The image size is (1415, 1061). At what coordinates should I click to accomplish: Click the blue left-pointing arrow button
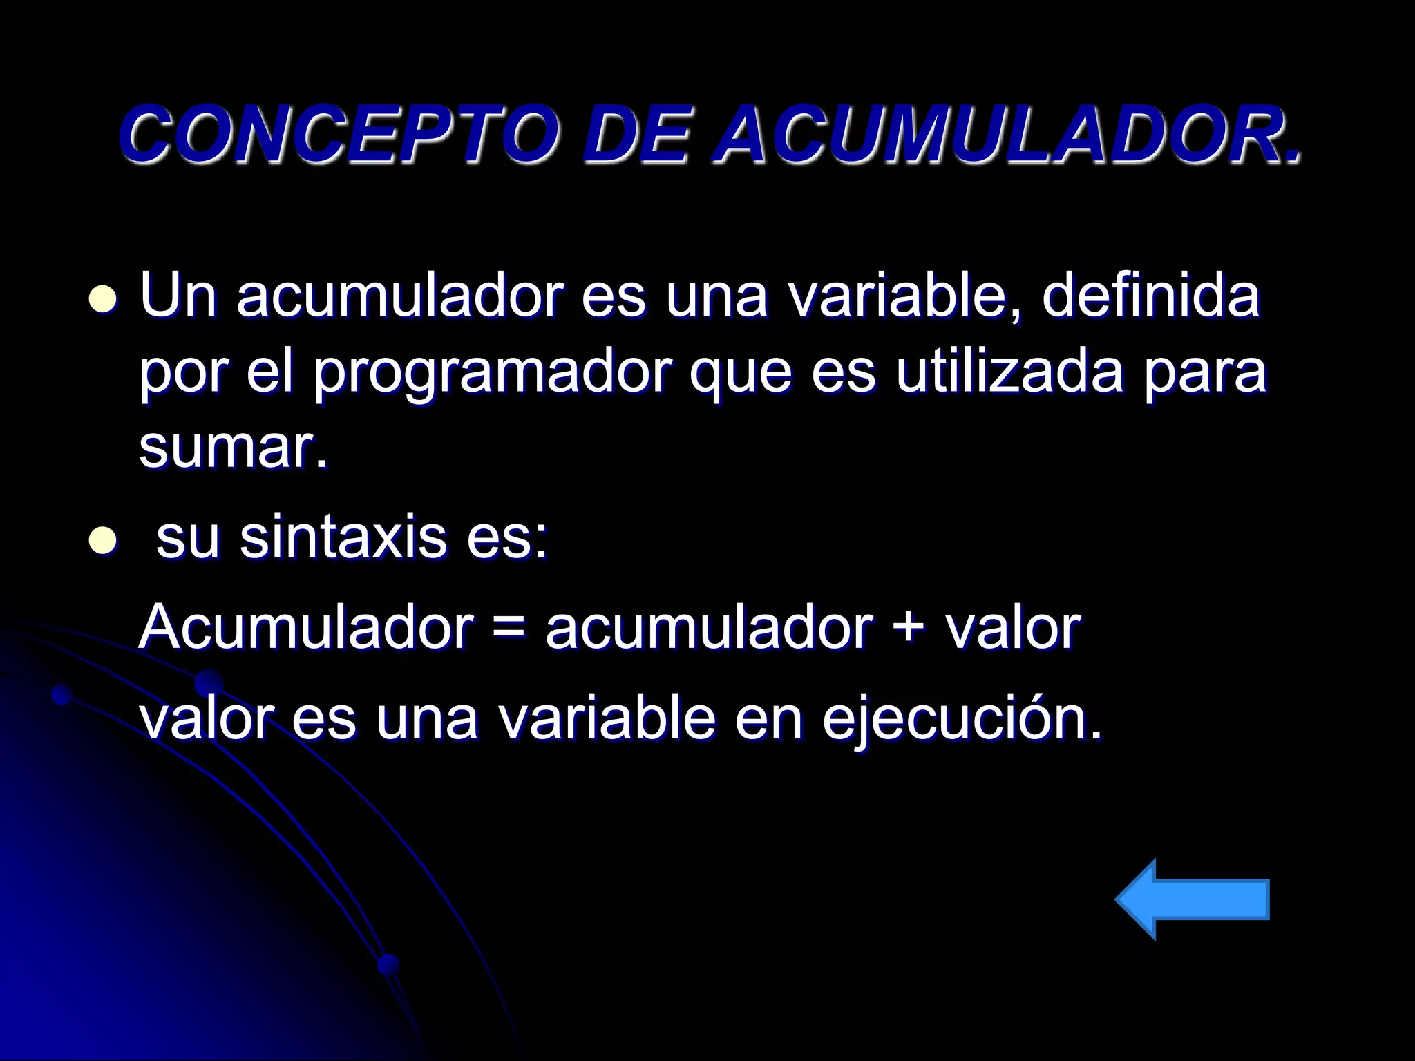(x=1193, y=899)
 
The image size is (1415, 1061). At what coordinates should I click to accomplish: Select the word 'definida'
(x=1150, y=297)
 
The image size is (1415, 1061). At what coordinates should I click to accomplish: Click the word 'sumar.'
(x=233, y=449)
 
